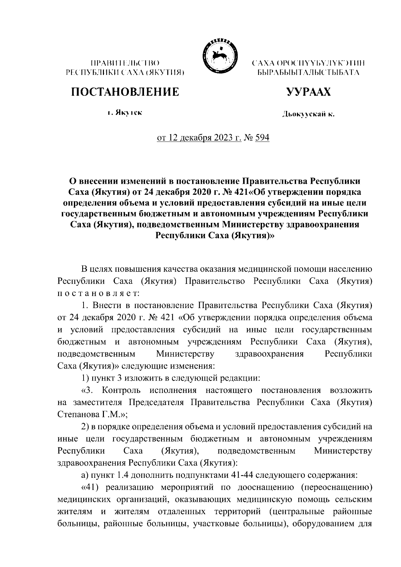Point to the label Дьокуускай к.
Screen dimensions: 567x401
[308, 115]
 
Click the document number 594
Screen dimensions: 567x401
[262, 138]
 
